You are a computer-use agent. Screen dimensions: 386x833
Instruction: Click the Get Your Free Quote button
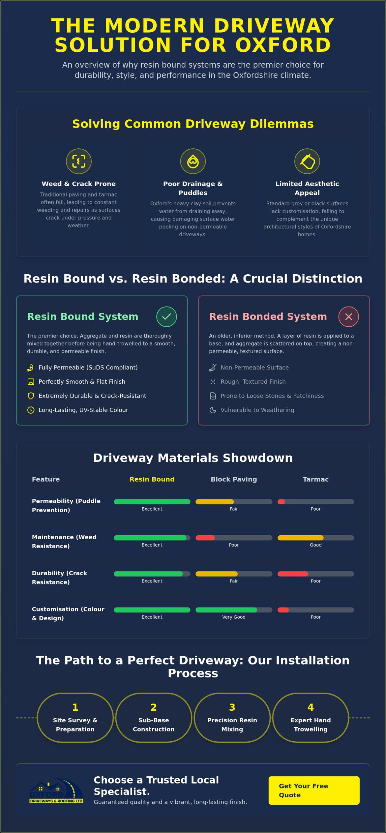click(x=314, y=790)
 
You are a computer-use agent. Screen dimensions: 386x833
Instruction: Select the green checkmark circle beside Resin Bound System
click(x=166, y=316)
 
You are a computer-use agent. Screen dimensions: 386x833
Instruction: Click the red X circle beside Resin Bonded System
click(x=349, y=316)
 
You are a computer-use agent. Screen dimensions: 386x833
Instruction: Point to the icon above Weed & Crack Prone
click(x=79, y=161)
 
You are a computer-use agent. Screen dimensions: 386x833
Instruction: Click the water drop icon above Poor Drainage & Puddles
click(x=193, y=161)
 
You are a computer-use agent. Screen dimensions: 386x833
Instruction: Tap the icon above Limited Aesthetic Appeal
click(x=307, y=161)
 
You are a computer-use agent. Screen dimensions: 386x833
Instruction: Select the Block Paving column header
click(x=234, y=479)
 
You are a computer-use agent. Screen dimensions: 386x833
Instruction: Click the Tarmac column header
click(x=315, y=479)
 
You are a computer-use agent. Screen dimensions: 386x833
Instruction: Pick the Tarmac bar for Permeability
click(x=315, y=502)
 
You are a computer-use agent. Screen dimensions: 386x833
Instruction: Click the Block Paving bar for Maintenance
click(x=234, y=538)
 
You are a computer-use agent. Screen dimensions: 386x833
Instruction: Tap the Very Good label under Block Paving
click(x=234, y=617)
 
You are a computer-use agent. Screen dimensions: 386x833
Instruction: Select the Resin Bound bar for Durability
click(x=152, y=574)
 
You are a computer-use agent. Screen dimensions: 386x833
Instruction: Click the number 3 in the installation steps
click(x=232, y=707)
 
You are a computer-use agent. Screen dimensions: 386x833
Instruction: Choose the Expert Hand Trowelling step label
click(x=311, y=725)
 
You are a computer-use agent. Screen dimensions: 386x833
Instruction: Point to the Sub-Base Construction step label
click(x=153, y=725)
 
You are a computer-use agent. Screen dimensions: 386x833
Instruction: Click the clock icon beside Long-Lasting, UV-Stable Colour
click(x=31, y=410)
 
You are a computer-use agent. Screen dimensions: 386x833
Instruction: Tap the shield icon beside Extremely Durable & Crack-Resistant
click(x=31, y=396)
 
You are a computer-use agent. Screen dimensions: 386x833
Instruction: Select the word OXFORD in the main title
click(x=283, y=45)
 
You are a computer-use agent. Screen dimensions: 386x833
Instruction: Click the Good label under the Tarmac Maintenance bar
click(x=315, y=545)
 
